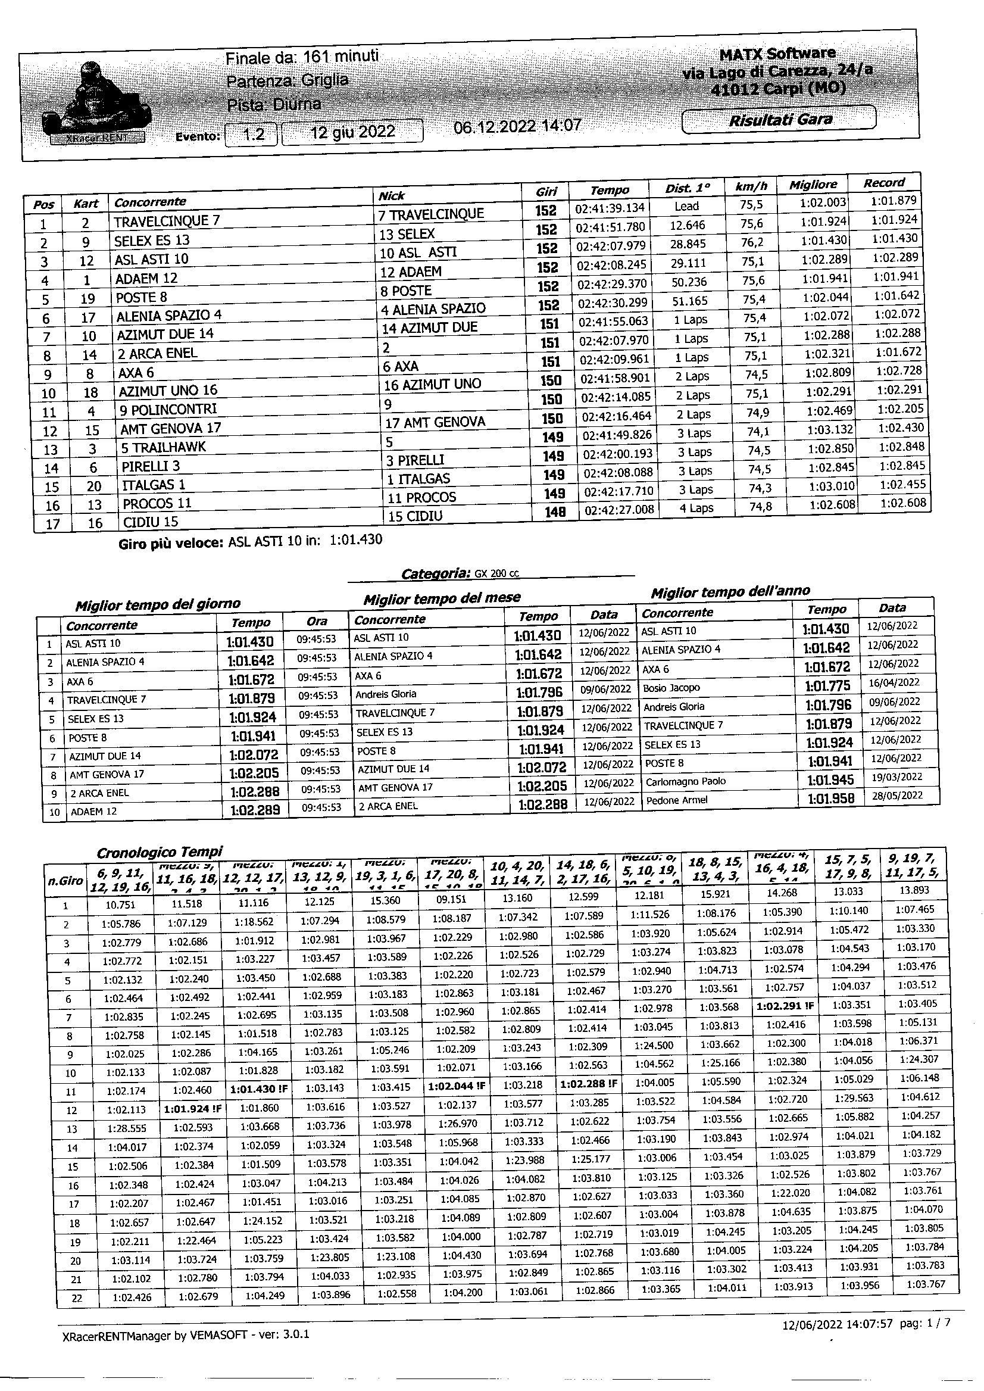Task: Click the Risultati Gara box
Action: tap(779, 119)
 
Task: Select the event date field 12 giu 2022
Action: tap(352, 133)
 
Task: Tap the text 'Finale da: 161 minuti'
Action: tap(302, 58)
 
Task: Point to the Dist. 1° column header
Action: tap(686, 188)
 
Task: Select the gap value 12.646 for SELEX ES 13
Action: tap(687, 226)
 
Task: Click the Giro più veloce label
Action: tap(171, 543)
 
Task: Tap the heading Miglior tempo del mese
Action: tap(442, 598)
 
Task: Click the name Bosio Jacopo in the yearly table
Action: tap(671, 688)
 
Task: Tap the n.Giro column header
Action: tap(65, 880)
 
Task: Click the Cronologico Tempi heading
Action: tap(160, 852)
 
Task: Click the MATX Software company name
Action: tap(777, 54)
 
